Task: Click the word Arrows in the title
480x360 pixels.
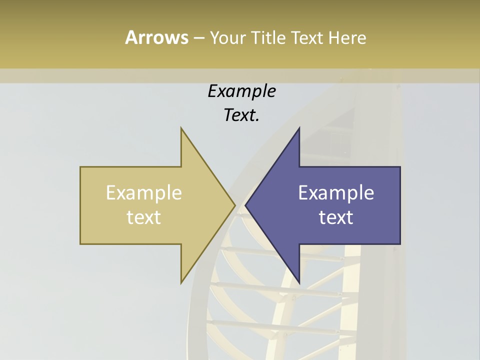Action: tap(156, 37)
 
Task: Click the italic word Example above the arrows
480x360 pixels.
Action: tap(241, 91)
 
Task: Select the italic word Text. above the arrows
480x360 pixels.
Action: tap(241, 115)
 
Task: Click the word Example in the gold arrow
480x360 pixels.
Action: tap(144, 193)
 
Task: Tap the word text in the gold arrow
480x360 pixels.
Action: tap(144, 217)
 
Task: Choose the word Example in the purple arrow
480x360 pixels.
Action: tap(336, 193)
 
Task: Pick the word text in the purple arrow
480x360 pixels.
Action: tap(336, 217)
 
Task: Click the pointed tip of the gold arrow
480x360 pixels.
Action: tap(235, 205)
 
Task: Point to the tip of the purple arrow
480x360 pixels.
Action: tap(245, 205)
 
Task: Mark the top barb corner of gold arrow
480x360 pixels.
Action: tap(181, 128)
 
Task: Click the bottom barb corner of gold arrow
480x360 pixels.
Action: tap(181, 283)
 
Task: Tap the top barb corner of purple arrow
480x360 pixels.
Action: tap(299, 128)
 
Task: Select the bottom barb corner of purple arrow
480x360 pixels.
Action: tap(299, 283)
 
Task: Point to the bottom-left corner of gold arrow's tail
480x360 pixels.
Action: tap(80, 244)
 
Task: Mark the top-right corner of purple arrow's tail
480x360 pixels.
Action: tap(400, 167)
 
